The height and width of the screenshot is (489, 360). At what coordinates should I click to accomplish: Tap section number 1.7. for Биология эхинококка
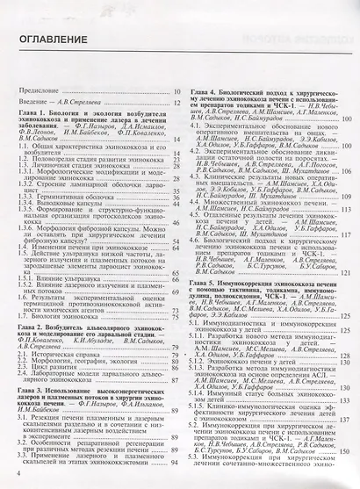[x=25, y=321]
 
